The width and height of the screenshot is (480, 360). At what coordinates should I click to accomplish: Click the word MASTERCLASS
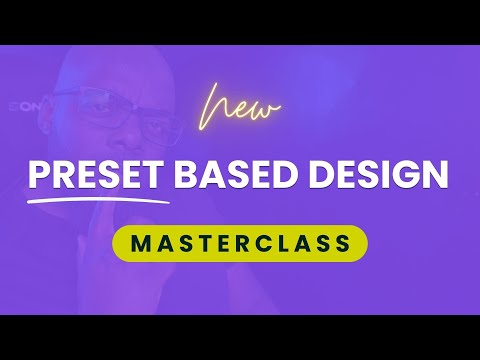coord(239,243)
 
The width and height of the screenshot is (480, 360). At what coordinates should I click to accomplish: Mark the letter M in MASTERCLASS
coord(141,243)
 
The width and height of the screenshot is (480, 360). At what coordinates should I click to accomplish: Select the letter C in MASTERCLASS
coord(256,243)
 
